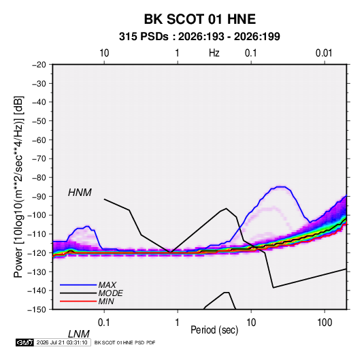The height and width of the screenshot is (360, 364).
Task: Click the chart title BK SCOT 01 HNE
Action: coord(200,19)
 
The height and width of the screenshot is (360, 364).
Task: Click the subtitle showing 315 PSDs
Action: coord(199,37)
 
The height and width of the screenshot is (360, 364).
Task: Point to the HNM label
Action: coord(80,193)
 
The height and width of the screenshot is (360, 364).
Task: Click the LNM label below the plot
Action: coord(79,334)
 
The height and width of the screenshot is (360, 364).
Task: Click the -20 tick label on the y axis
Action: coord(39,65)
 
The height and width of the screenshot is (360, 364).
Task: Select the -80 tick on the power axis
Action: coord(39,178)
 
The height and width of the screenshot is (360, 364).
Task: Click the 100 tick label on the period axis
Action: coord(325,323)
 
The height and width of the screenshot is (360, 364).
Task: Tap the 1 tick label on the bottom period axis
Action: coord(178,323)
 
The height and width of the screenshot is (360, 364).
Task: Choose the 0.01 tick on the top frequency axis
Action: coord(324,53)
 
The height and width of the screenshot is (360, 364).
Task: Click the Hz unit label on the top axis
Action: coord(214,53)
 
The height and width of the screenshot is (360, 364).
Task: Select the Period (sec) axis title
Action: coord(214,330)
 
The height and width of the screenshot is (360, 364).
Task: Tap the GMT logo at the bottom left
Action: coord(24,342)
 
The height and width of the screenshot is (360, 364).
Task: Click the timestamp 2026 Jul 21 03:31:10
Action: coord(62,342)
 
